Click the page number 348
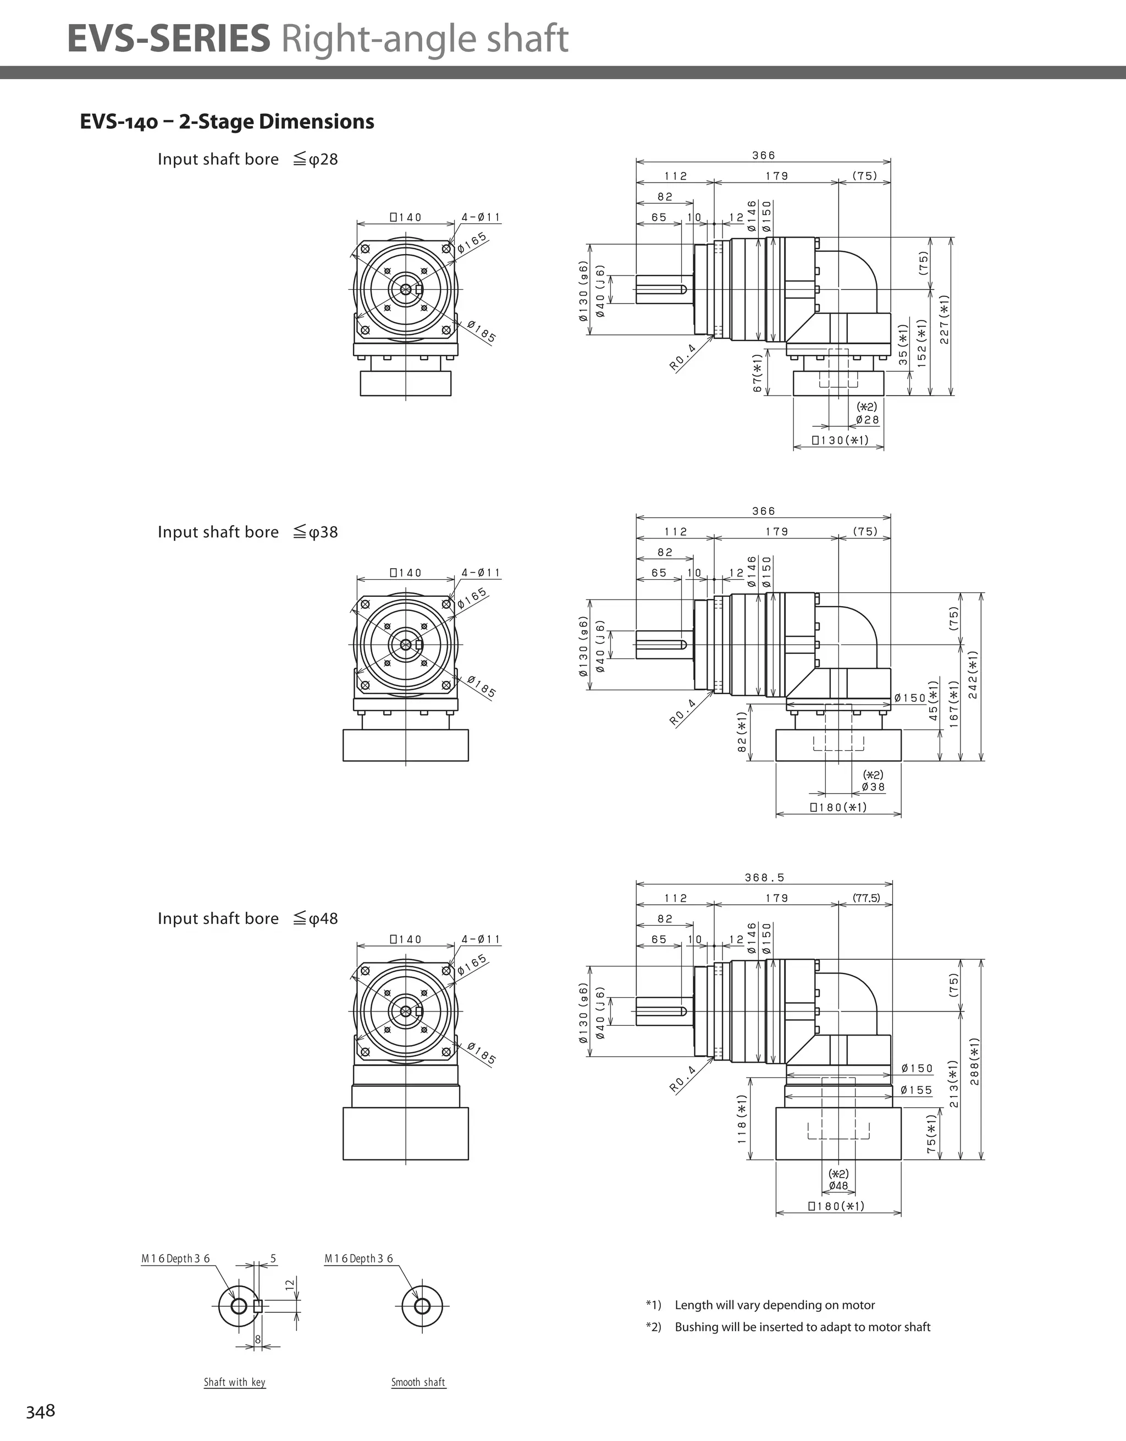(x=40, y=1411)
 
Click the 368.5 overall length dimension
(x=765, y=878)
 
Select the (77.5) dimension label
(x=866, y=898)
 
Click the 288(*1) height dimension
(x=975, y=1061)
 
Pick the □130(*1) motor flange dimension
(x=840, y=440)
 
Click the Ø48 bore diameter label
(x=838, y=1186)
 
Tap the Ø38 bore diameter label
(x=873, y=787)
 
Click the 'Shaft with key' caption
(x=234, y=1382)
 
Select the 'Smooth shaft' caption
(x=418, y=1382)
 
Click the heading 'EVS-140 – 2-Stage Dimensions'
(x=227, y=122)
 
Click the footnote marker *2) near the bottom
(x=653, y=1327)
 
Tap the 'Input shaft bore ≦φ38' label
(x=247, y=532)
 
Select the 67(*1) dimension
(x=757, y=373)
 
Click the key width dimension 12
(x=289, y=1284)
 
